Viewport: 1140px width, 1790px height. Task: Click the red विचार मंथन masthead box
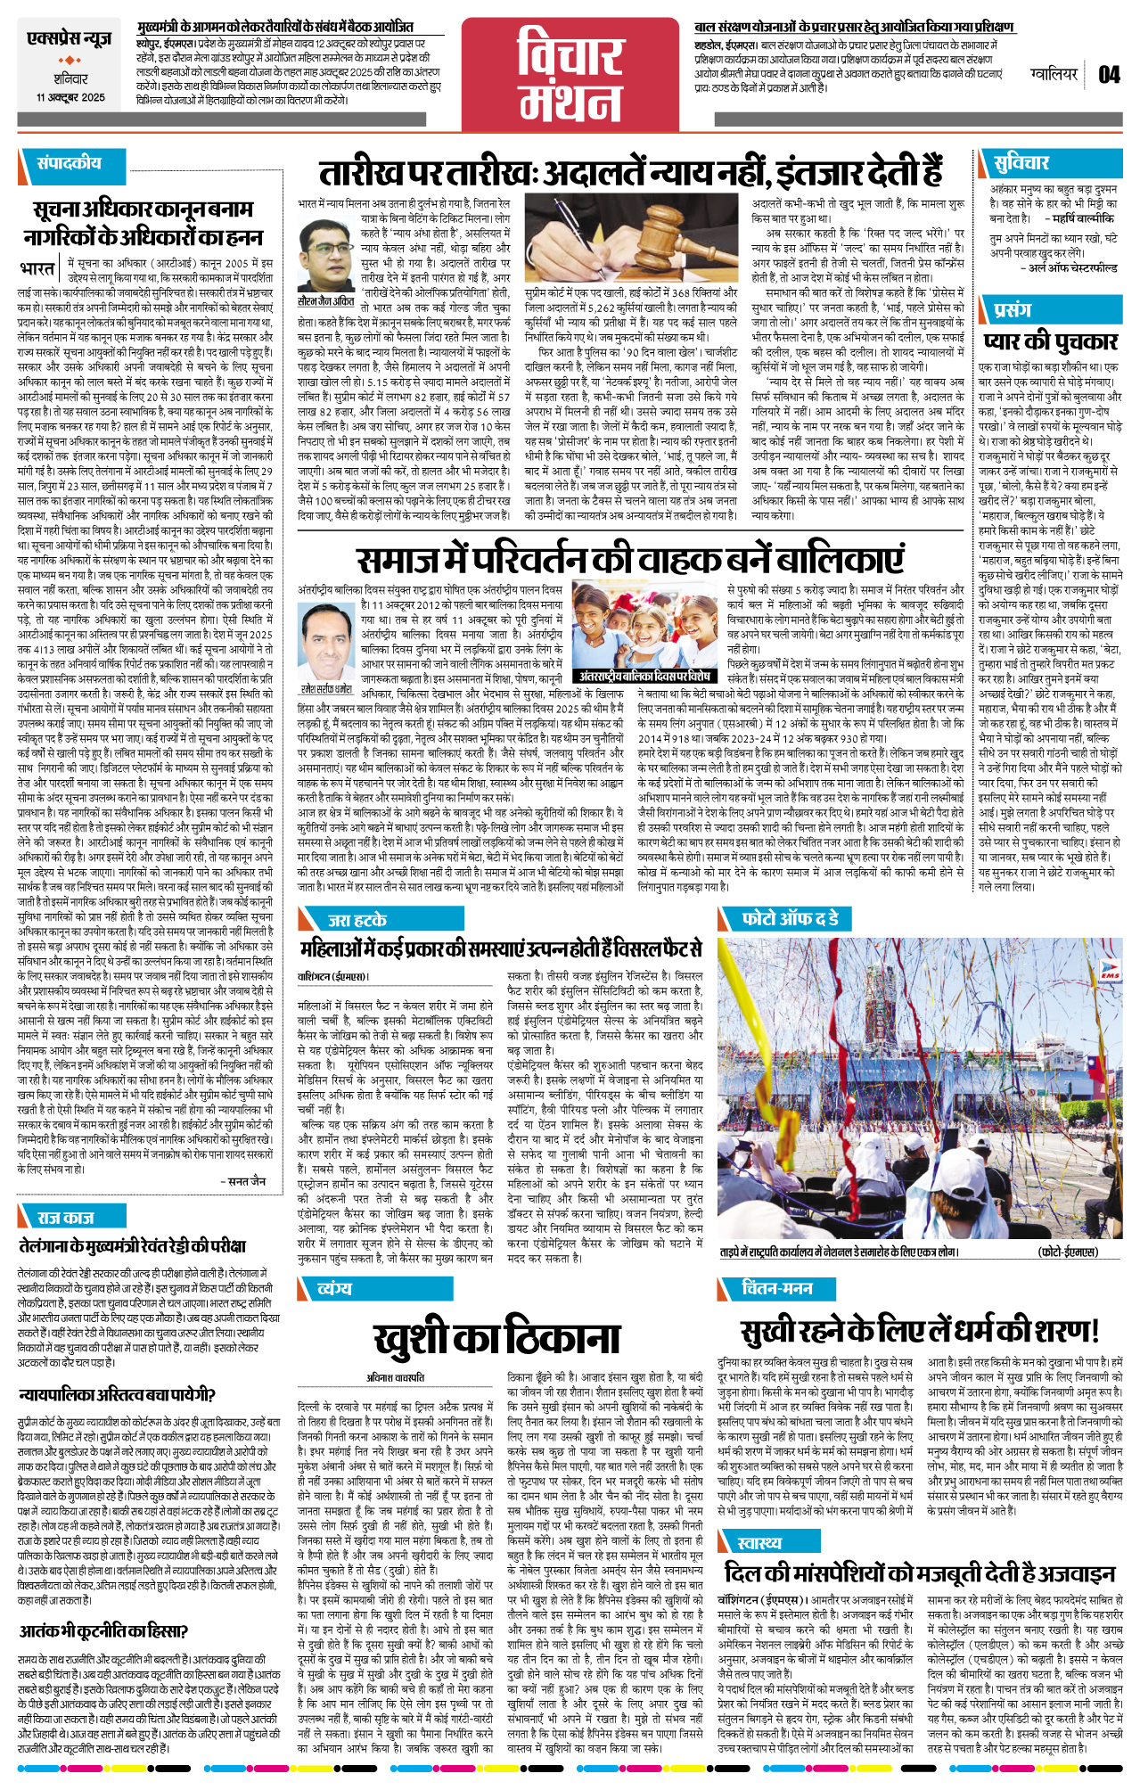[x=570, y=75]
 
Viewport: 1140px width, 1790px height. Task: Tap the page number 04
[x=1108, y=74]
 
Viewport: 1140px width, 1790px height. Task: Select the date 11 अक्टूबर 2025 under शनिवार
[x=70, y=97]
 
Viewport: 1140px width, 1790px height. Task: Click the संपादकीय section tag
[x=69, y=163]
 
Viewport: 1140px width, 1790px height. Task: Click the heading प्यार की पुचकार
[x=1050, y=341]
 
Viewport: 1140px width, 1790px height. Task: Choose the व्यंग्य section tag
[x=334, y=1288]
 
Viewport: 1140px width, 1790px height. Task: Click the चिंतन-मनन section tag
[x=776, y=1288]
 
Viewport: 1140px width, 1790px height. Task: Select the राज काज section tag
[x=65, y=1217]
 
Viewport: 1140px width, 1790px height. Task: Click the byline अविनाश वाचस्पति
[x=395, y=1377]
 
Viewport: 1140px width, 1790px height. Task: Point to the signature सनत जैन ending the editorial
[x=246, y=1180]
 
